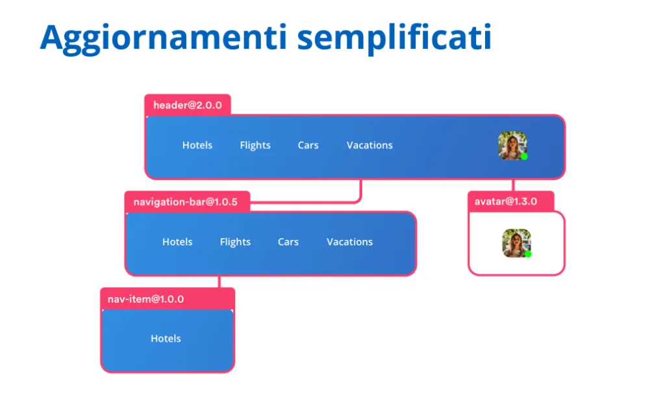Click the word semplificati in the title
click(x=394, y=38)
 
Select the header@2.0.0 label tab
click(x=188, y=105)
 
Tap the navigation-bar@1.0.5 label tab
click(x=187, y=201)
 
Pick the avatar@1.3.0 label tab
click(x=510, y=201)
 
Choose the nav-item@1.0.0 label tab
click(x=168, y=299)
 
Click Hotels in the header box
click(x=197, y=145)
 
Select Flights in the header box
click(x=255, y=146)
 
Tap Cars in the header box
click(x=308, y=145)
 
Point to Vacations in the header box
click(x=370, y=145)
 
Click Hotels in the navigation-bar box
click(x=177, y=242)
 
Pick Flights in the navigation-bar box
click(x=235, y=242)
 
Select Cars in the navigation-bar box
click(x=288, y=242)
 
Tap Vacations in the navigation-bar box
click(x=350, y=242)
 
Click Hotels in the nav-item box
click(x=166, y=339)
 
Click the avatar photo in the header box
click(x=513, y=146)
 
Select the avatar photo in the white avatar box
click(x=516, y=243)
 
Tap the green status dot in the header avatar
click(x=524, y=157)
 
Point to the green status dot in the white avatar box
click(x=528, y=254)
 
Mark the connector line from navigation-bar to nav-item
click(x=220, y=282)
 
